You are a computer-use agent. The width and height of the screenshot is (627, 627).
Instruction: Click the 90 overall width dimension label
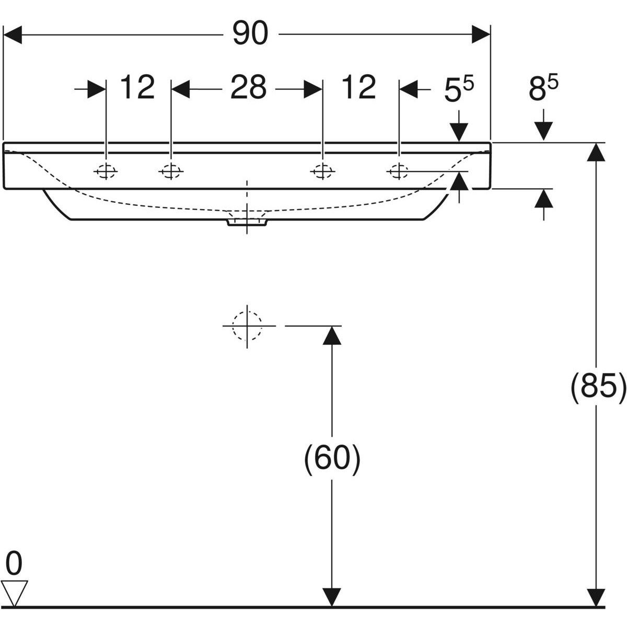pos(250,34)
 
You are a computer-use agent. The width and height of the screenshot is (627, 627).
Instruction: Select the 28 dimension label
pos(248,87)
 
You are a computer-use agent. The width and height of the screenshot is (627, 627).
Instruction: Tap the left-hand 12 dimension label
pos(138,87)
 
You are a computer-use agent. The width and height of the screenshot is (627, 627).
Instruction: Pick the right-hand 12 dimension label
pos(358,87)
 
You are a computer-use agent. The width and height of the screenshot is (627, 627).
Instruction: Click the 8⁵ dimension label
pos(543,89)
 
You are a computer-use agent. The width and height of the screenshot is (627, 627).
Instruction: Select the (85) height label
pos(597,388)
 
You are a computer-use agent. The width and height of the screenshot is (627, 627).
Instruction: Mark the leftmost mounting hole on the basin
pos(106,171)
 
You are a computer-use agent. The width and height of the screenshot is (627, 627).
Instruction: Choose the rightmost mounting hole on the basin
pos(399,170)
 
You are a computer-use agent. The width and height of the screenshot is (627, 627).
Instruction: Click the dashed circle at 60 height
pos(247,326)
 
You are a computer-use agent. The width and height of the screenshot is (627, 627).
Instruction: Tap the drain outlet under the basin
pos(247,222)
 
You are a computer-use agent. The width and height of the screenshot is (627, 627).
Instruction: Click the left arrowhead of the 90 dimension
pos(13,35)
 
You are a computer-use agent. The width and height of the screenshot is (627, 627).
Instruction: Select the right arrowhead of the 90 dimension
pos(481,35)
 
